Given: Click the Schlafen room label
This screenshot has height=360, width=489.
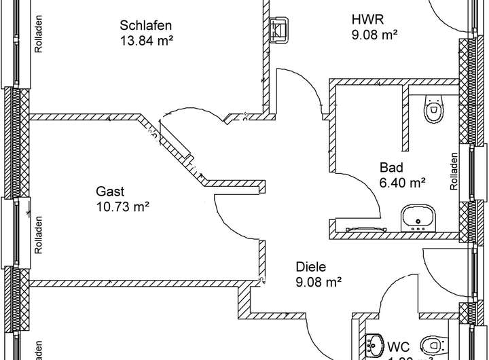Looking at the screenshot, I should (145, 26).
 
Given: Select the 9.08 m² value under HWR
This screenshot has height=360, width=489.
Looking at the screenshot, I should (374, 33).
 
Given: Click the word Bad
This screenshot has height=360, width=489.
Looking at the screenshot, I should (391, 168).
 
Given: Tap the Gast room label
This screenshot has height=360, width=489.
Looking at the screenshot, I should (110, 191).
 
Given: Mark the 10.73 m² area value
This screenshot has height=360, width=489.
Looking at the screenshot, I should (122, 205).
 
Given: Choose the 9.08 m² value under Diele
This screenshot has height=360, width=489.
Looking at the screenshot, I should (318, 281).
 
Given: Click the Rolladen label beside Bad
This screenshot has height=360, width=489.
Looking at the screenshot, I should (454, 170).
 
